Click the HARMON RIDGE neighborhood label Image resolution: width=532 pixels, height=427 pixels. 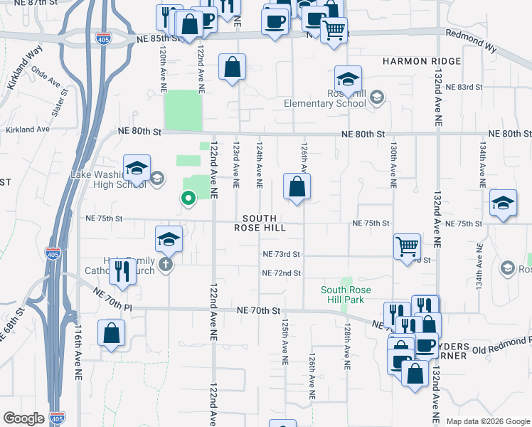point(421,62)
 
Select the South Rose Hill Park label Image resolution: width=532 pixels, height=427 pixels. point(343,295)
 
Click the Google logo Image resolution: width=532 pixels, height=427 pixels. point(23,418)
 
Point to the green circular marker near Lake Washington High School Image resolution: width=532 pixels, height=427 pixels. point(188,199)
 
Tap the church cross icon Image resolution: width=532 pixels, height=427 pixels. point(165,265)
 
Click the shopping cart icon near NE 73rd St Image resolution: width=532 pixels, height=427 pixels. point(407,246)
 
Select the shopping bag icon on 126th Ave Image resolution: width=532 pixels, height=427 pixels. point(297,187)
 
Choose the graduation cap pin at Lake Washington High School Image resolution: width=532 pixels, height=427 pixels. point(137,168)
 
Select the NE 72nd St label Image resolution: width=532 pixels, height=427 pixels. point(282,273)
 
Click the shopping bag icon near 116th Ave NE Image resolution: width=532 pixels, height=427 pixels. point(112,332)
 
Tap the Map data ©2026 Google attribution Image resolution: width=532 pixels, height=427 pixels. point(488,421)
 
